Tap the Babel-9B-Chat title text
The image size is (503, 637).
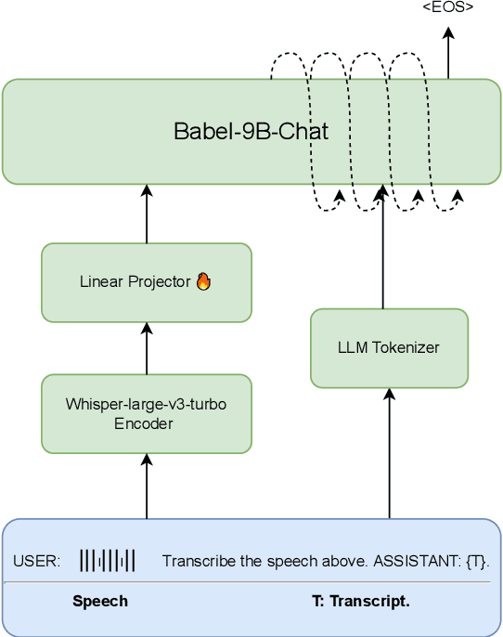click(251, 131)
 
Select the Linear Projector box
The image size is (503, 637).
click(147, 282)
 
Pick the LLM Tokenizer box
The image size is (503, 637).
click(389, 348)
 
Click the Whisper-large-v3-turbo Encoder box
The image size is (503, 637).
click(147, 414)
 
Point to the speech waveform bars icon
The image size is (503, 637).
click(108, 561)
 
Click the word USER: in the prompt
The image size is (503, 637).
click(37, 562)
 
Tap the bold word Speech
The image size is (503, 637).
click(100, 602)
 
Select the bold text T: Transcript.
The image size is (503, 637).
click(360, 602)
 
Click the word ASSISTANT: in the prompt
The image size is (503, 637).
click(425, 562)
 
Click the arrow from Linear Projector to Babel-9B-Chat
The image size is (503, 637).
click(147, 214)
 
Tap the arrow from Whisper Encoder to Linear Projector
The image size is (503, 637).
click(147, 348)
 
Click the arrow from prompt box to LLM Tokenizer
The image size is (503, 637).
click(389, 455)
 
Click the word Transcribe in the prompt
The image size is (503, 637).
click(195, 562)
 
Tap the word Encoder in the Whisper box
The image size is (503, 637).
click(147, 423)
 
